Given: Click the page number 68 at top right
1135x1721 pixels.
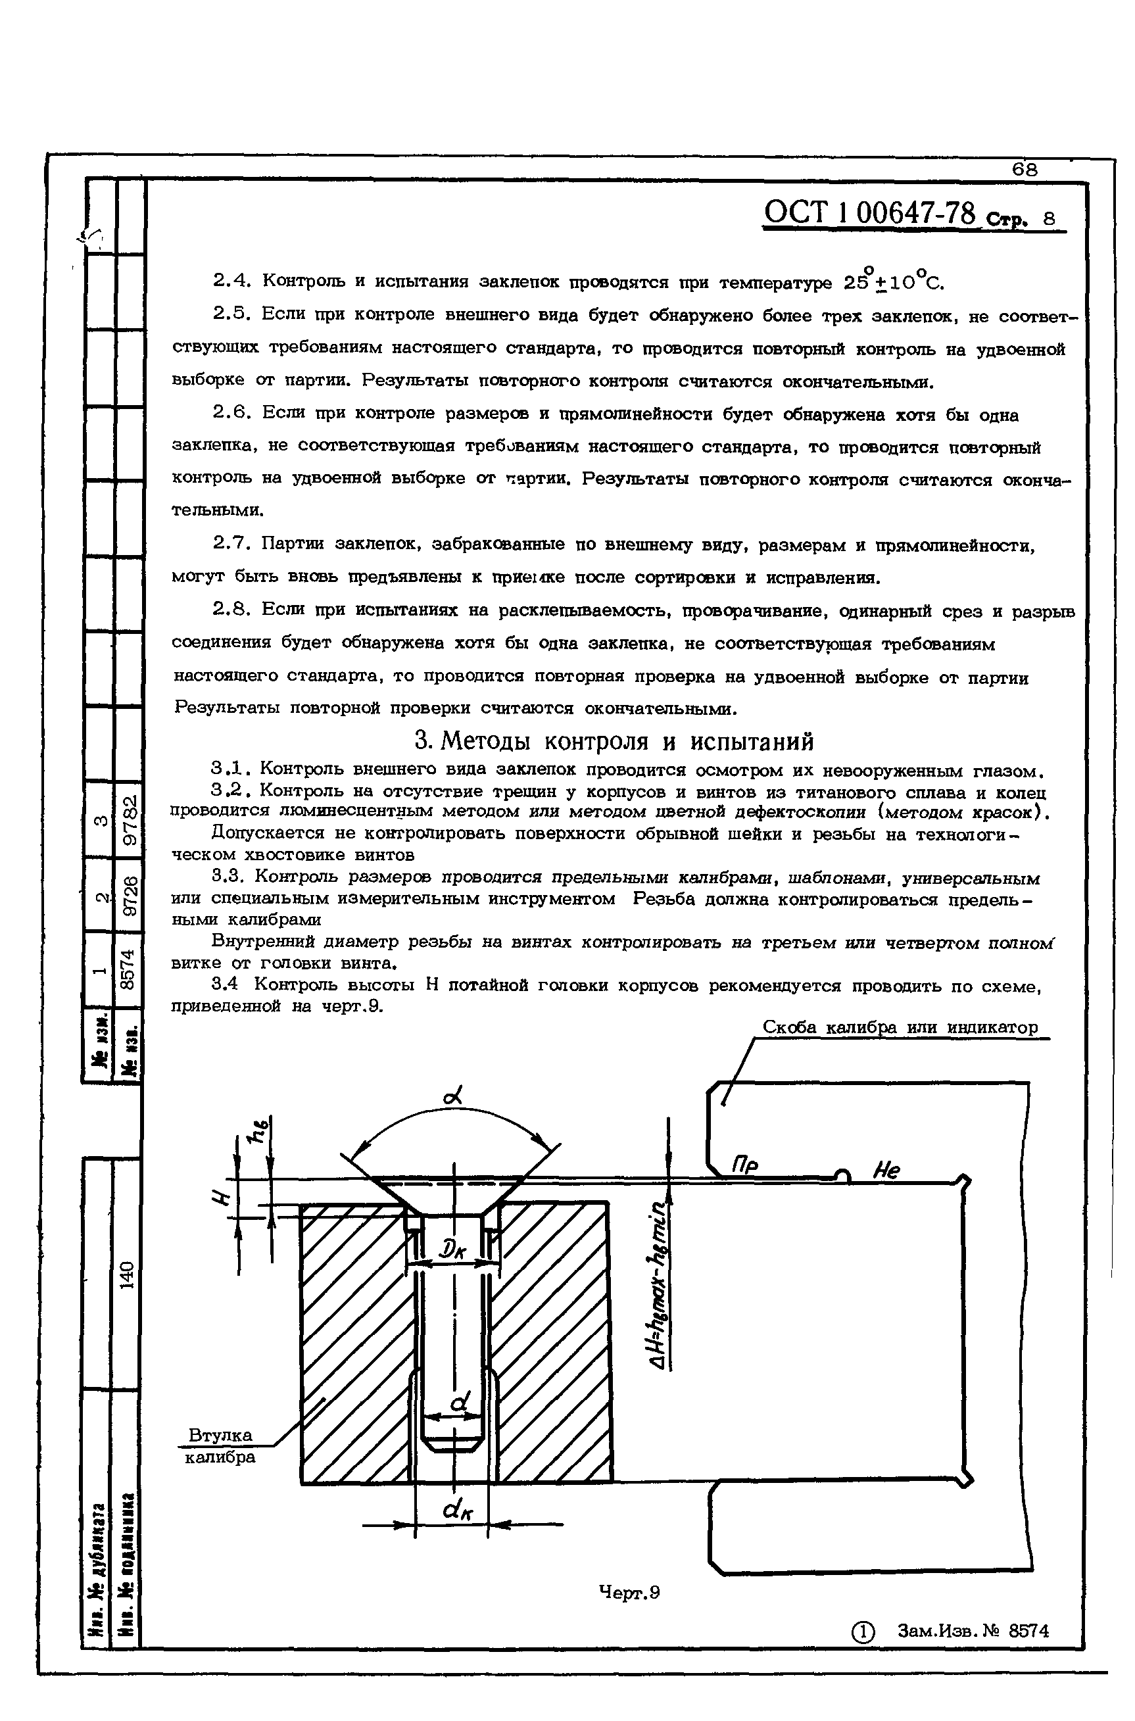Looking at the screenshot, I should (x=1025, y=170).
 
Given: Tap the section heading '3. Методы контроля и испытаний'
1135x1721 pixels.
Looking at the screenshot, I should (x=614, y=741).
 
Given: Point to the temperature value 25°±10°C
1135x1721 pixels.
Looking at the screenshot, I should (x=894, y=281).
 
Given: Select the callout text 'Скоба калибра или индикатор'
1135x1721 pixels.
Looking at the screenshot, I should (x=900, y=1028).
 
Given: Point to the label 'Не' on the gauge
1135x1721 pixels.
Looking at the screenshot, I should (x=886, y=1171).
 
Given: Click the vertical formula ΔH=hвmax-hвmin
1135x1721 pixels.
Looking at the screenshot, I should (x=658, y=1300).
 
